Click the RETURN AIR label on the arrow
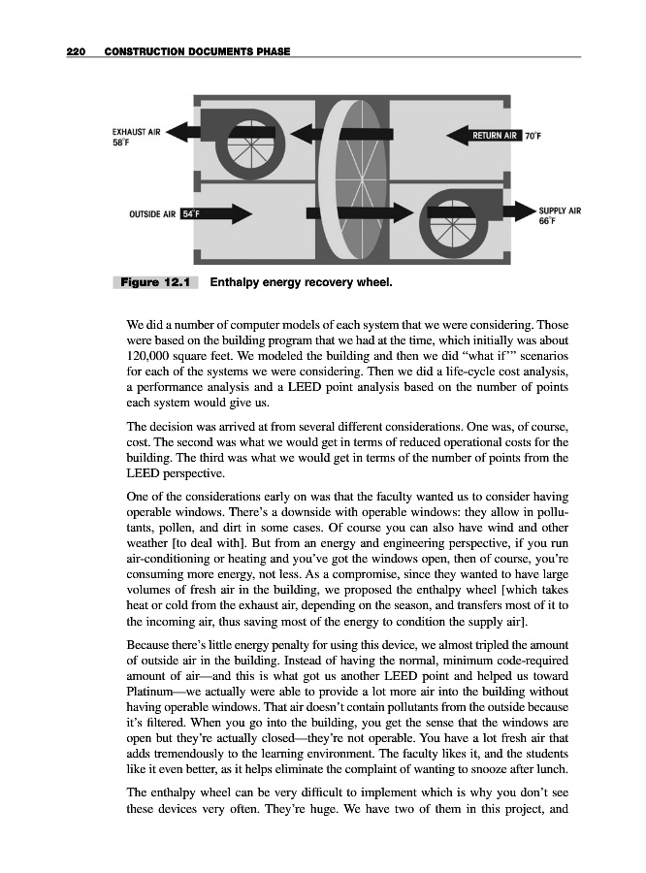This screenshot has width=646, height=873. pos(495,136)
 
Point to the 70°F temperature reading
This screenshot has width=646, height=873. pos(533,136)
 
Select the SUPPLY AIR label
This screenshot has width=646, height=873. pos(560,210)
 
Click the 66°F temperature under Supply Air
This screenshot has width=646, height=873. pos(548,221)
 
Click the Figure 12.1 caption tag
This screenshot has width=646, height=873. pos(155,283)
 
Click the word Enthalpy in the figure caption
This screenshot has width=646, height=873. pos(237,283)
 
